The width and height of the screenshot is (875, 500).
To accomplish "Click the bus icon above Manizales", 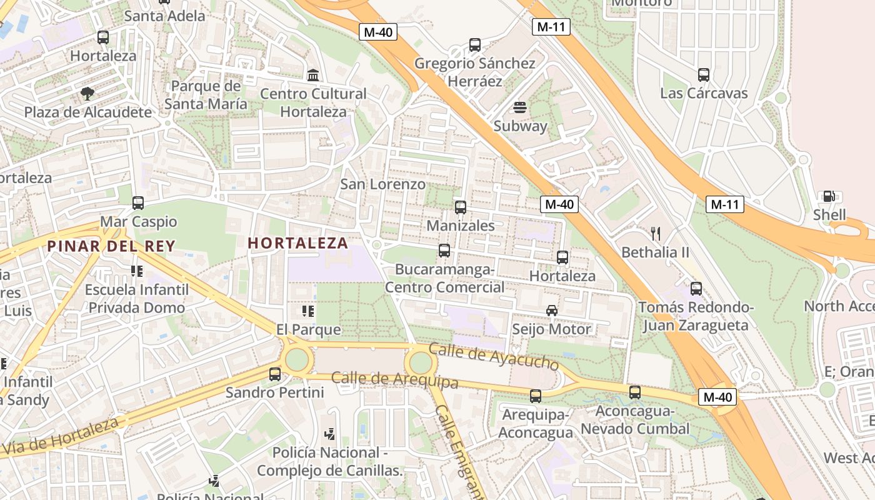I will [461, 207].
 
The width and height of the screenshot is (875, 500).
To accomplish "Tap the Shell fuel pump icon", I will [829, 197].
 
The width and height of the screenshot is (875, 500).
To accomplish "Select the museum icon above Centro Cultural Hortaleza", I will [313, 76].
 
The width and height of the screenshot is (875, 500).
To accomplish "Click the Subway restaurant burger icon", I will [520, 107].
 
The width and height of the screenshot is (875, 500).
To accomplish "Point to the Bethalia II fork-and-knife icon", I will [656, 234].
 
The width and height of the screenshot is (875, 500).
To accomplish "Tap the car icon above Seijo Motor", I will [552, 311].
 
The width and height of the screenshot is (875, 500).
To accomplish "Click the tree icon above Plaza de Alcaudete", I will [87, 94].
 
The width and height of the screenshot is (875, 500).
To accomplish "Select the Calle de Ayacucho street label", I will [494, 356].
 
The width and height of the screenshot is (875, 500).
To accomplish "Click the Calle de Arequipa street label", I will [394, 379].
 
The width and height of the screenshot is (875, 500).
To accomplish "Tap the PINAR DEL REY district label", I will [111, 246].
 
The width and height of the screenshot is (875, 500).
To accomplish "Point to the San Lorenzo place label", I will [382, 184].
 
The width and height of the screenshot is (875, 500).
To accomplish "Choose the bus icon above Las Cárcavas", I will [704, 75].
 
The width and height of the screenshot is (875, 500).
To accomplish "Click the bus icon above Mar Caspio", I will [138, 203].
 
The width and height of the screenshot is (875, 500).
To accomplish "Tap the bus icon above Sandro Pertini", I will [275, 374].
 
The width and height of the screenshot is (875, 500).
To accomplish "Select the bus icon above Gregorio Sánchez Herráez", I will [475, 45].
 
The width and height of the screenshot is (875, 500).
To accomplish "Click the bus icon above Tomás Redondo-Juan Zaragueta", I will [696, 289].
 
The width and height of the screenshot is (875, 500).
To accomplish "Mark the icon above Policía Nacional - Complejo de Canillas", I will [329, 434].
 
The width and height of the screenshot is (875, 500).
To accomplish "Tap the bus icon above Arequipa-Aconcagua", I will [536, 396].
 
